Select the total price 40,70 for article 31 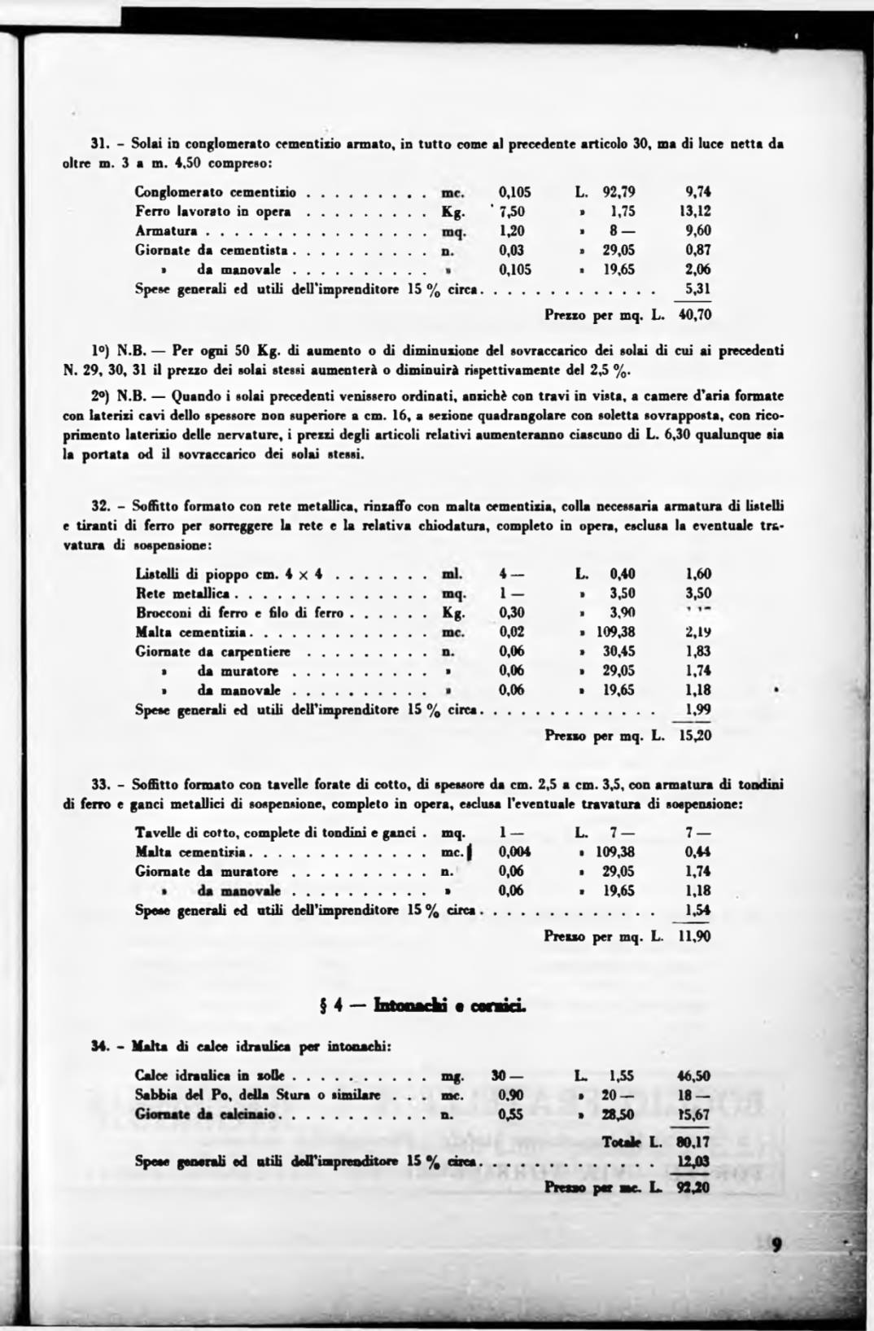tap(694, 314)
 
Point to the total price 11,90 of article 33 tap(694, 936)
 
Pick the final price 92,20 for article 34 tap(693, 1187)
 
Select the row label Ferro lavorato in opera tap(213, 212)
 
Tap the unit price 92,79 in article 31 tap(618, 193)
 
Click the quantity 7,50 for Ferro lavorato tap(514, 212)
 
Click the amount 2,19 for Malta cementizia tap(698, 632)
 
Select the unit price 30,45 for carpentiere tap(618, 651)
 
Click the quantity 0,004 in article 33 tap(514, 852)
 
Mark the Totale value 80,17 tap(693, 1142)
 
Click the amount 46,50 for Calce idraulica tap(693, 1075)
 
